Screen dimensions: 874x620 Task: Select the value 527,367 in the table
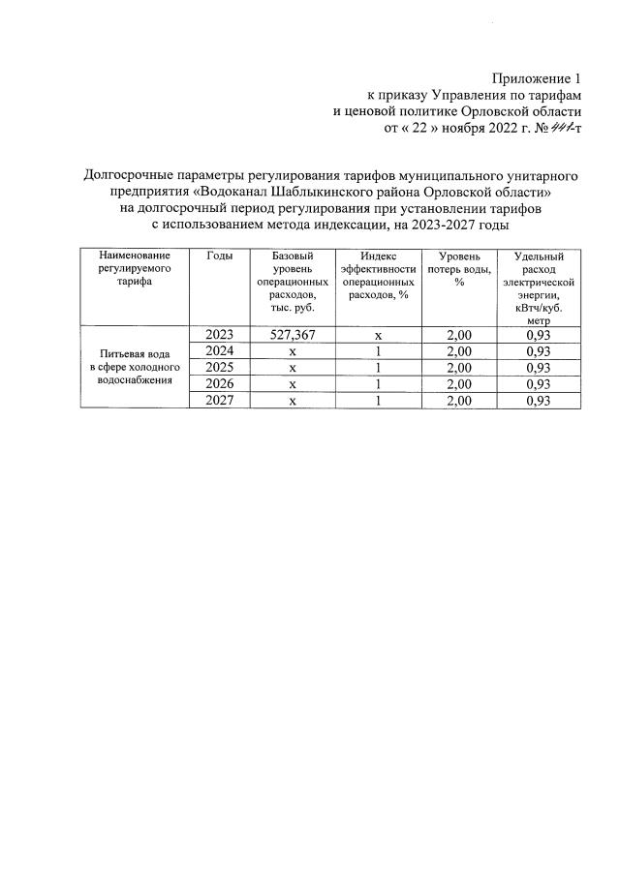pos(292,334)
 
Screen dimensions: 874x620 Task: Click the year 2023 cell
pos(220,334)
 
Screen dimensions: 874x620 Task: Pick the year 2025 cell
pos(220,367)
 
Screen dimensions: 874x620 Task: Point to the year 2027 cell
pos(220,401)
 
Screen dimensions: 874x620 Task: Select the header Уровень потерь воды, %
pos(458,267)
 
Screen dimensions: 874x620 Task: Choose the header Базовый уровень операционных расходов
pos(292,281)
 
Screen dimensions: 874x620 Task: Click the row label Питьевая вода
pos(135,354)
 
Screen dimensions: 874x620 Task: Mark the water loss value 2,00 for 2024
pos(458,350)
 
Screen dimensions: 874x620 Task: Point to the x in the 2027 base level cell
pos(292,401)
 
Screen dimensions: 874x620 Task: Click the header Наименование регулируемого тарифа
pos(135,267)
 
